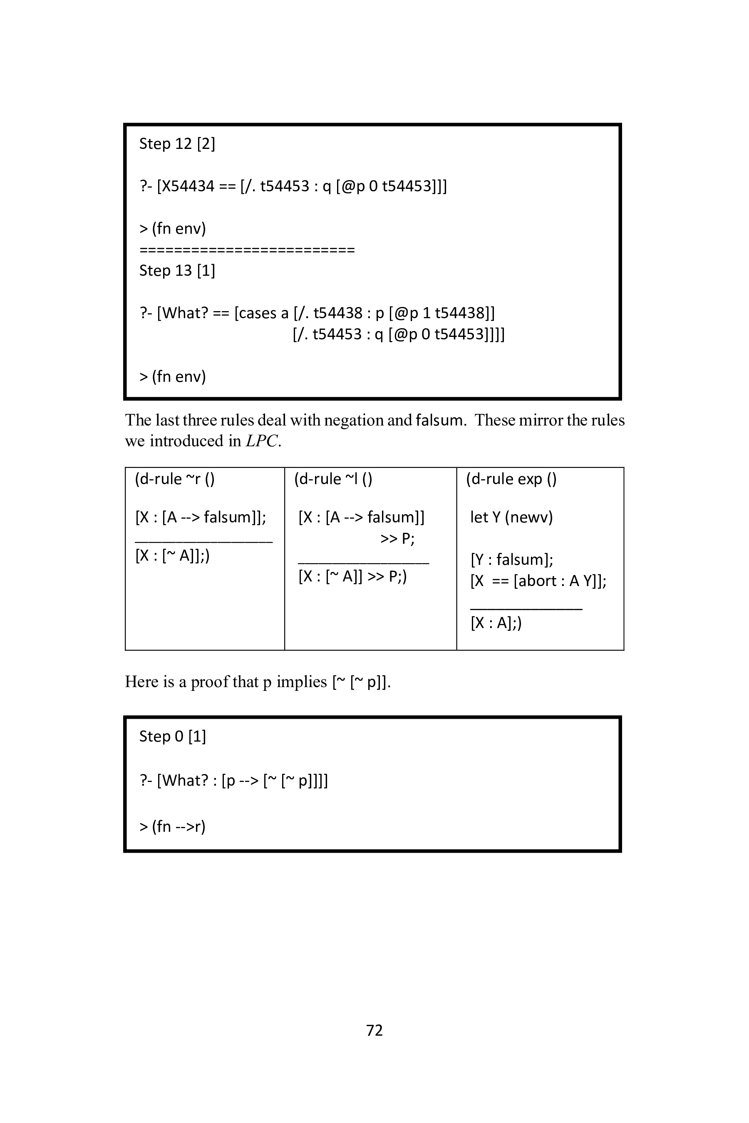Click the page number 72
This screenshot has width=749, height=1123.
(374, 1030)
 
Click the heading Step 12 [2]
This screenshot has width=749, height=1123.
(177, 144)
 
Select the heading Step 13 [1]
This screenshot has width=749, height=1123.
(177, 271)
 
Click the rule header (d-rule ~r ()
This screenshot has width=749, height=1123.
(175, 479)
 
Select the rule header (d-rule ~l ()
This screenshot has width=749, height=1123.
(333, 479)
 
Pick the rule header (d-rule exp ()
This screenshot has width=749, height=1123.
(511, 479)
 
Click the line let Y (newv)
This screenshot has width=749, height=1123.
(511, 517)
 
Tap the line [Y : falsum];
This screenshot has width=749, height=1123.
(511, 559)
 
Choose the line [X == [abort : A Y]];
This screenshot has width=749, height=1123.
(538, 581)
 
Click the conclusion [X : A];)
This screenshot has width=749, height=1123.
(496, 623)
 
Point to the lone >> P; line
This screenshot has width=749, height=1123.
(397, 539)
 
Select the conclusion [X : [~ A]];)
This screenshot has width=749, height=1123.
(172, 555)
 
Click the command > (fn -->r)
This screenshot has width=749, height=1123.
(172, 826)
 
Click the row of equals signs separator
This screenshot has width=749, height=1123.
(247, 250)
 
